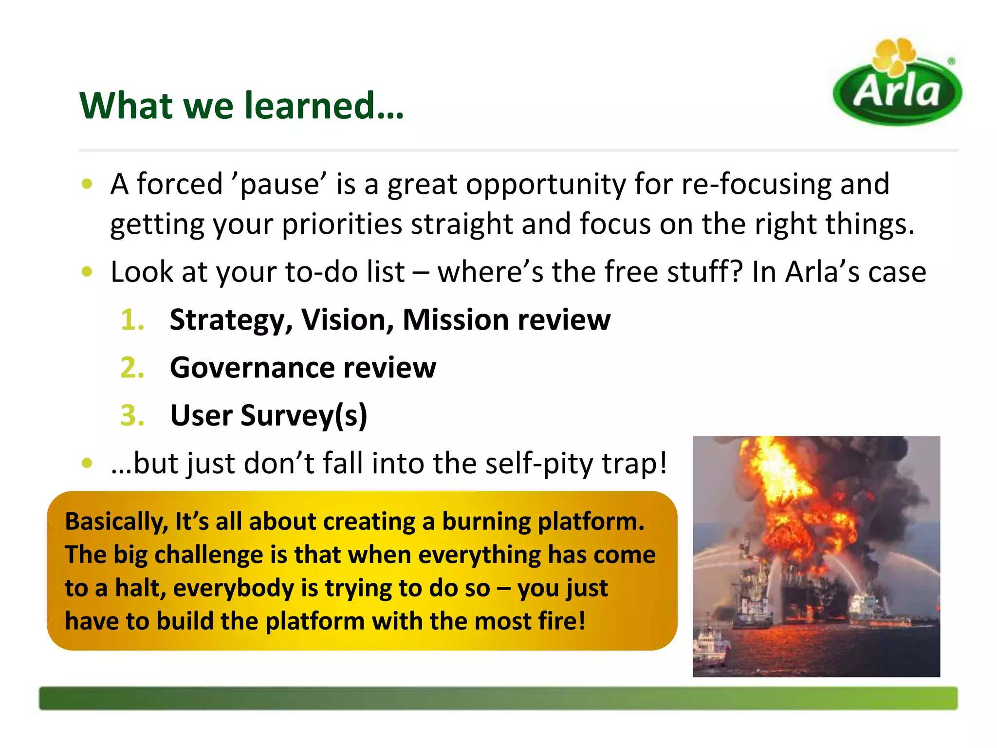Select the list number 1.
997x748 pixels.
(x=132, y=320)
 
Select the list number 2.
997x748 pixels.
(x=132, y=368)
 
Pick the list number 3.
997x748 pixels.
(x=132, y=415)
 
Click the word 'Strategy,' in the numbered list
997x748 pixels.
(x=231, y=320)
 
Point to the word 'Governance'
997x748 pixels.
(x=251, y=368)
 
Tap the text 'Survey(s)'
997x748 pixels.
(x=304, y=416)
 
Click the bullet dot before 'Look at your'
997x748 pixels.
(x=87, y=271)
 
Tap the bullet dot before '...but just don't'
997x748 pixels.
(x=87, y=463)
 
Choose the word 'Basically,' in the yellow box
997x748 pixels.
(x=116, y=522)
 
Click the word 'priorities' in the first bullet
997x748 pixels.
(x=342, y=225)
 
